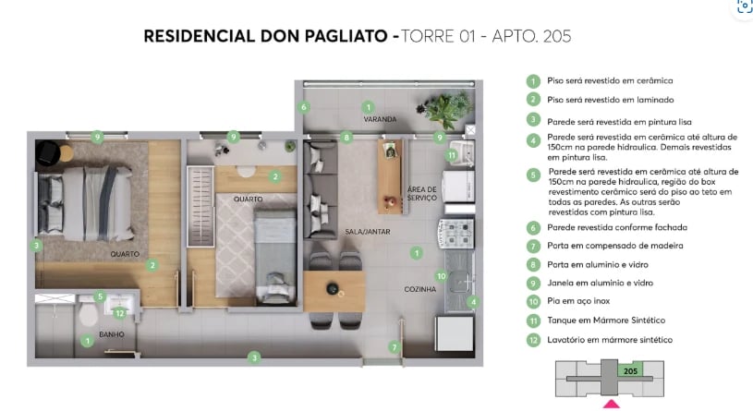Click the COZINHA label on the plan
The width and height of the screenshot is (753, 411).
click(420, 289)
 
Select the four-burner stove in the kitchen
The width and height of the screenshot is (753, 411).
click(456, 236)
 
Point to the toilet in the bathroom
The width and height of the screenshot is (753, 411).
click(88, 315)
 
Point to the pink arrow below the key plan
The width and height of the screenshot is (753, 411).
click(611, 404)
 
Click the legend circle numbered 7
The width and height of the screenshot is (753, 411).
click(533, 246)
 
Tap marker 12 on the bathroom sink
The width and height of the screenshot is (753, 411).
click(119, 312)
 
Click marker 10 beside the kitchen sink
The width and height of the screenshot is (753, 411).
click(442, 275)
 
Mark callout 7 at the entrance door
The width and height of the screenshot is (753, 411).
click(394, 347)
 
